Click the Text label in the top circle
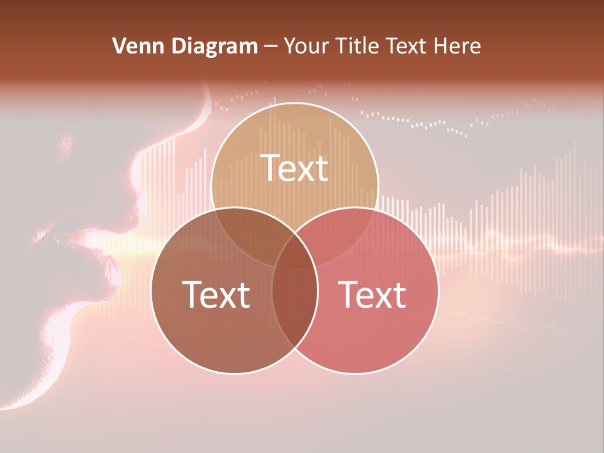pos(294,168)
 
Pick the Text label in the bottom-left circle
pos(216,294)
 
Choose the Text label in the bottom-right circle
pos(372,294)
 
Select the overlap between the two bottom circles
pos(295,302)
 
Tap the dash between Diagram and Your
pos(271,46)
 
